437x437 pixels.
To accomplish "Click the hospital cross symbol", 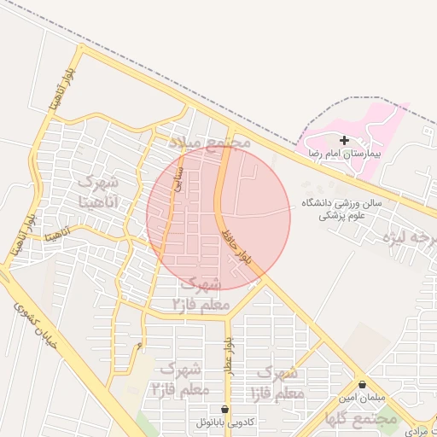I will pyautogui.click(x=344, y=140).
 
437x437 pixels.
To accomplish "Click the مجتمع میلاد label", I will pyautogui.click(x=210, y=141).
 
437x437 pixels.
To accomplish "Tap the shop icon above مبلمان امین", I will pyautogui.click(x=363, y=385).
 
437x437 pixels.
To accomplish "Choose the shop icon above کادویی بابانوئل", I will pyautogui.click(x=224, y=409).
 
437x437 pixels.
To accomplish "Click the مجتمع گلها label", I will pyautogui.click(x=361, y=419).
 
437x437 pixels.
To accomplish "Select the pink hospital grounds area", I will pyautogui.click(x=376, y=128).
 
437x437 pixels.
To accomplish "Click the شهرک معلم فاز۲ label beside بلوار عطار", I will pyautogui.click(x=179, y=378).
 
